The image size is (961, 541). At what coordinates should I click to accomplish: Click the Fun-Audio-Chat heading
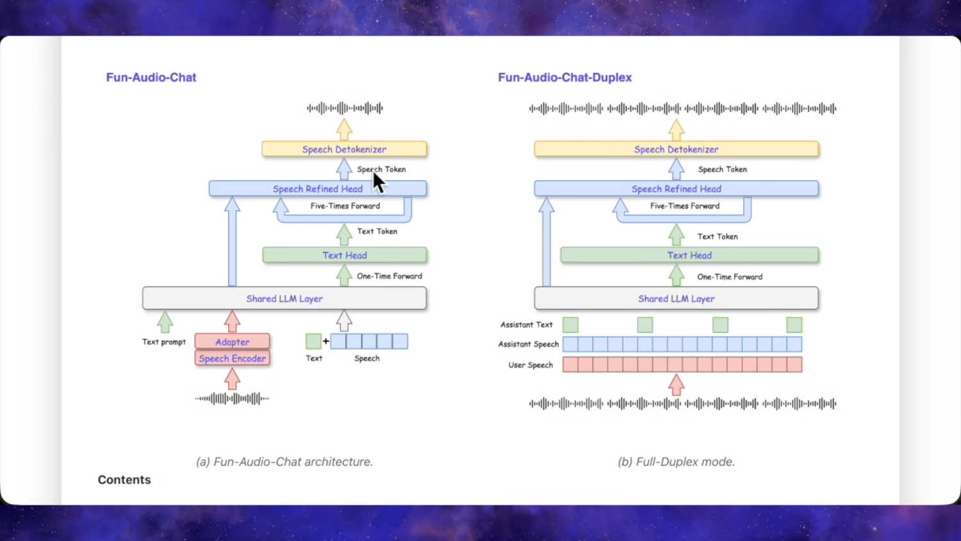tap(151, 78)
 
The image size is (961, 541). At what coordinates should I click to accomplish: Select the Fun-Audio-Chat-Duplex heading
tap(564, 78)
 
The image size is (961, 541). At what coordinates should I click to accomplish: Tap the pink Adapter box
tap(232, 342)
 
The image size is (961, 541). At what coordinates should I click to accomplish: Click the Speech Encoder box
tap(232, 358)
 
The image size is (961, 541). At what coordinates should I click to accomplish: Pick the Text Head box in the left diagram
tap(345, 255)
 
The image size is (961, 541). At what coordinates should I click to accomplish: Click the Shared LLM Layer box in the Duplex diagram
tap(676, 299)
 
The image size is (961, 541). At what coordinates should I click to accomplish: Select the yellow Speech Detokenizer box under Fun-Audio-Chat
tap(344, 149)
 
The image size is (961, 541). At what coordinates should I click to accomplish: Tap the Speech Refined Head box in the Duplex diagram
tap(676, 189)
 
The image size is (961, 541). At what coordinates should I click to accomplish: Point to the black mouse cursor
tap(378, 182)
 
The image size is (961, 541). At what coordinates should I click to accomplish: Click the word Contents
tap(124, 480)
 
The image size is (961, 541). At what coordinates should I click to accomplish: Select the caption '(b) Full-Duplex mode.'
tap(676, 462)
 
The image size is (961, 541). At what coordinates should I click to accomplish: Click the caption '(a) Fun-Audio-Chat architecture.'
tap(284, 462)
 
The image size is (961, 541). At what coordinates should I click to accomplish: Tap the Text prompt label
tap(164, 342)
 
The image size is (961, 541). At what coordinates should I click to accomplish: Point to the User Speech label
tap(530, 365)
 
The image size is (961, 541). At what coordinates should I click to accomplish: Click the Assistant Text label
tap(526, 324)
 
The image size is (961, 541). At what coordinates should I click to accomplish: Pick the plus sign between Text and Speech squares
tap(326, 341)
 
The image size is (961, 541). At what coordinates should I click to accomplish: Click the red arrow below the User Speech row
tap(676, 385)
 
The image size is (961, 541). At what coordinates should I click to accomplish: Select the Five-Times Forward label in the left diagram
tap(345, 206)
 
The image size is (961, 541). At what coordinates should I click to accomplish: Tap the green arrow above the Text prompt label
tap(165, 322)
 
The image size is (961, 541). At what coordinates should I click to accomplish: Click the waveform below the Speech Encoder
tap(232, 399)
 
